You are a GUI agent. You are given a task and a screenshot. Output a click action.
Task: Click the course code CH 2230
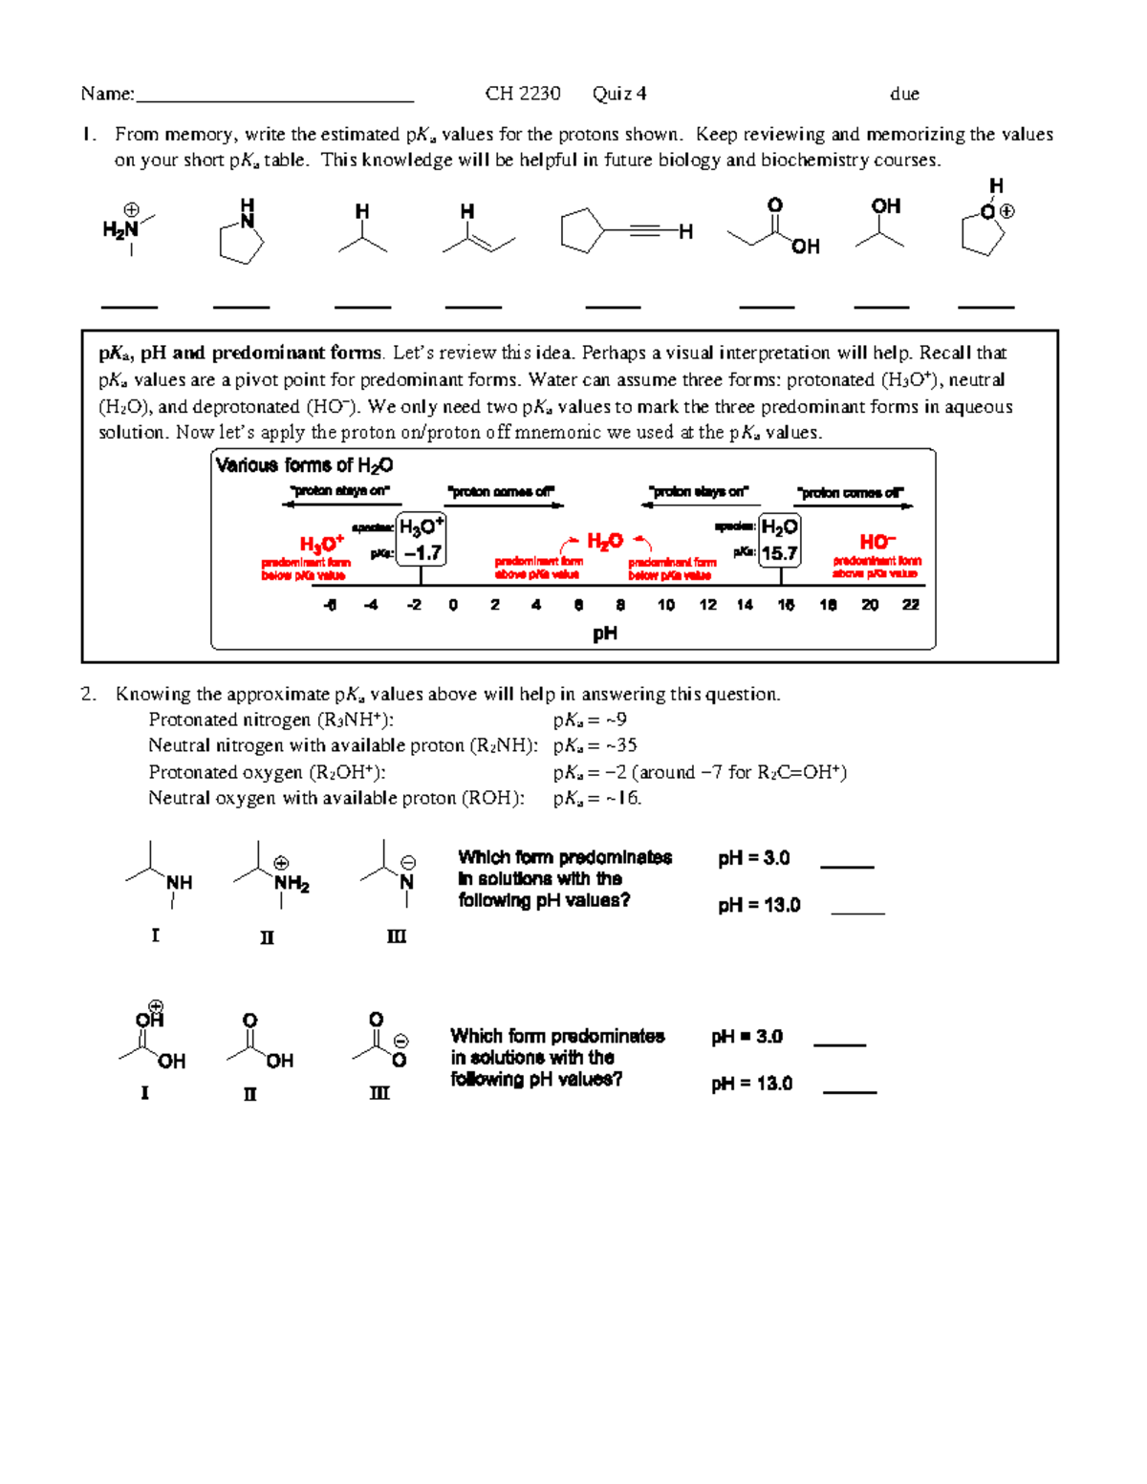pyautogui.click(x=522, y=94)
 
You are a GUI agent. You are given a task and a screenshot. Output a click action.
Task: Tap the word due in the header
pyautogui.click(x=904, y=94)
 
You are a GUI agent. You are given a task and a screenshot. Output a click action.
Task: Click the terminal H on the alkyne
pyautogui.click(x=685, y=231)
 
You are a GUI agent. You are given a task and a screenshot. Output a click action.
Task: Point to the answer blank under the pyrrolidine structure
pyautogui.click(x=241, y=306)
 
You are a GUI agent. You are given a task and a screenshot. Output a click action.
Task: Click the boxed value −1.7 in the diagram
pyautogui.click(x=422, y=552)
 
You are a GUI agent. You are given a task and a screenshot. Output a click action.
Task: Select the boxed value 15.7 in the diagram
pyautogui.click(x=779, y=552)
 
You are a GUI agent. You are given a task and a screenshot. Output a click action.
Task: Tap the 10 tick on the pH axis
pyautogui.click(x=666, y=605)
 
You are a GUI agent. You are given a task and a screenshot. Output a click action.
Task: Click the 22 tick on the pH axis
pyautogui.click(x=911, y=605)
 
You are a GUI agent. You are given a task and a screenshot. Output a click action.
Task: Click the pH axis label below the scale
pyautogui.click(x=605, y=634)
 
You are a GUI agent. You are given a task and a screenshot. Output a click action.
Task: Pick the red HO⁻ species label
pyautogui.click(x=877, y=542)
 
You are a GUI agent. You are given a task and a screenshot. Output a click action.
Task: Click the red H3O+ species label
pyautogui.click(x=321, y=544)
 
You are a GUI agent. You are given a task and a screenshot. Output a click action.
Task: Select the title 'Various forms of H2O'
pyautogui.click(x=304, y=465)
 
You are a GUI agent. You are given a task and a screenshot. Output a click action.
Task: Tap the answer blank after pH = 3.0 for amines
pyautogui.click(x=847, y=866)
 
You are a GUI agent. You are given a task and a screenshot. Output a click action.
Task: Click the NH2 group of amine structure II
pyautogui.click(x=292, y=884)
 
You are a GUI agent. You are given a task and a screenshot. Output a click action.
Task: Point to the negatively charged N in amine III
pyautogui.click(x=407, y=881)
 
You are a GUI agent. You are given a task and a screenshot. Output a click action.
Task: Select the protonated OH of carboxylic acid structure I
pyautogui.click(x=150, y=1019)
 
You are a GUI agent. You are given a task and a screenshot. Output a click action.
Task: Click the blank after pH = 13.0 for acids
pyautogui.click(x=850, y=1090)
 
